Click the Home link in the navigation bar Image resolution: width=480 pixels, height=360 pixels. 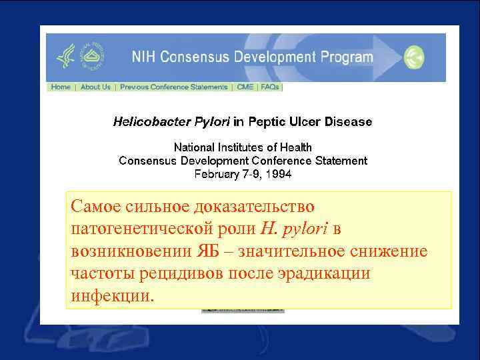[61, 87]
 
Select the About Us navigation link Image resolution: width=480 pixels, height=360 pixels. [95, 87]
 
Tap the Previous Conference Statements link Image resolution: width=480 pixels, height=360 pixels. [173, 87]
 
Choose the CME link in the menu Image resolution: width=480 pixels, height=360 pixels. [245, 87]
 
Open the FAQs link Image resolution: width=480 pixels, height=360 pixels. [270, 87]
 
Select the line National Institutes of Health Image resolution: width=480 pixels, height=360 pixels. [243, 147]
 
